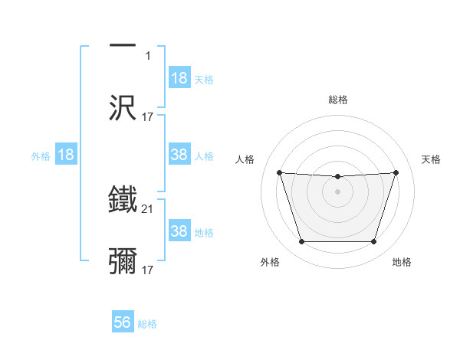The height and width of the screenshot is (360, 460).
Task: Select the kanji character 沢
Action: [x=123, y=108]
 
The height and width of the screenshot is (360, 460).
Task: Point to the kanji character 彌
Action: [x=123, y=261]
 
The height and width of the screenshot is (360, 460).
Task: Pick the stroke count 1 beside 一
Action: [x=147, y=56]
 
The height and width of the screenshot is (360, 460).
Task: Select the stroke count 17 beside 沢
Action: [x=147, y=117]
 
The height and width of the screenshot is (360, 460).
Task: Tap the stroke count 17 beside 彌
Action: [x=147, y=270]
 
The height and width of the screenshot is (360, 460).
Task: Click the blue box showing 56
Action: [x=123, y=322]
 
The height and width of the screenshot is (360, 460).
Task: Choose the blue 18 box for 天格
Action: [x=179, y=78]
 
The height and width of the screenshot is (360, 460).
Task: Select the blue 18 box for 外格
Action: [x=66, y=155]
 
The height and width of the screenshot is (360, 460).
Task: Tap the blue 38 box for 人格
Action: [x=179, y=155]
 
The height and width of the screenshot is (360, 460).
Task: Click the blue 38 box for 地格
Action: [x=179, y=231]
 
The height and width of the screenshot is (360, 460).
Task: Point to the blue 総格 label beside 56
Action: [x=147, y=324]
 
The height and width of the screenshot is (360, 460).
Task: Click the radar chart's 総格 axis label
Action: [x=337, y=100]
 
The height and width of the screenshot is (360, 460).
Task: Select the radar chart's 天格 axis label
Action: [x=431, y=159]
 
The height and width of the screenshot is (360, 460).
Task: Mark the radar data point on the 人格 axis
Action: [x=279, y=172]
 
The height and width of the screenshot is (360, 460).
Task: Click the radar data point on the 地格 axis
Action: [x=373, y=242]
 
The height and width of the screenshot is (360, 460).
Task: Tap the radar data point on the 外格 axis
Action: [x=301, y=242]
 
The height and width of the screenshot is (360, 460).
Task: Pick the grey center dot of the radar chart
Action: [x=337, y=191]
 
